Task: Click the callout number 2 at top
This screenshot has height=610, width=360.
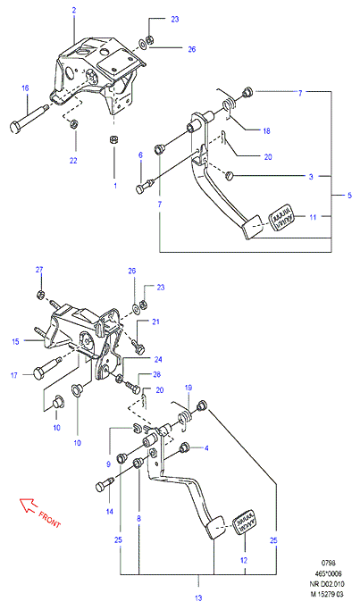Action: click(74, 11)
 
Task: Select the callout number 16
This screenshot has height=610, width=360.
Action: click(25, 88)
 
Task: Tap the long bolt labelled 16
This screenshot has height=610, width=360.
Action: click(29, 118)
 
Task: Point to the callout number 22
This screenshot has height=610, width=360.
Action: click(73, 160)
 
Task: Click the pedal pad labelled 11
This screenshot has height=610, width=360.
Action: click(282, 217)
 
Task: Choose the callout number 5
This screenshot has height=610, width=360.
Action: click(349, 196)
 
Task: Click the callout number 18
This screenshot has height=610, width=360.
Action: click(266, 131)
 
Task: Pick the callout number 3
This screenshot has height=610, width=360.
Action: click(311, 177)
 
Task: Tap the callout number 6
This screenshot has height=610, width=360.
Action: click(140, 155)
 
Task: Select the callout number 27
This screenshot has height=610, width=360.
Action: click(39, 270)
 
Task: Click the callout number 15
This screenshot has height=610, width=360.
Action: click(15, 342)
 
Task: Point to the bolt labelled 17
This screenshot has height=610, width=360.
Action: click(47, 368)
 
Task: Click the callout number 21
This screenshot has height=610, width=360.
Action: click(155, 322)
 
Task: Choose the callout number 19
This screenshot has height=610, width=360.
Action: click(188, 388)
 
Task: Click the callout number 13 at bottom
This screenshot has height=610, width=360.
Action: click(198, 597)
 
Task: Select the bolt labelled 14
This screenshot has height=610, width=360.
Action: click(105, 485)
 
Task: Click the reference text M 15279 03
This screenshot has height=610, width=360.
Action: click(327, 594)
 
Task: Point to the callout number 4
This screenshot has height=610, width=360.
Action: click(206, 448)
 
